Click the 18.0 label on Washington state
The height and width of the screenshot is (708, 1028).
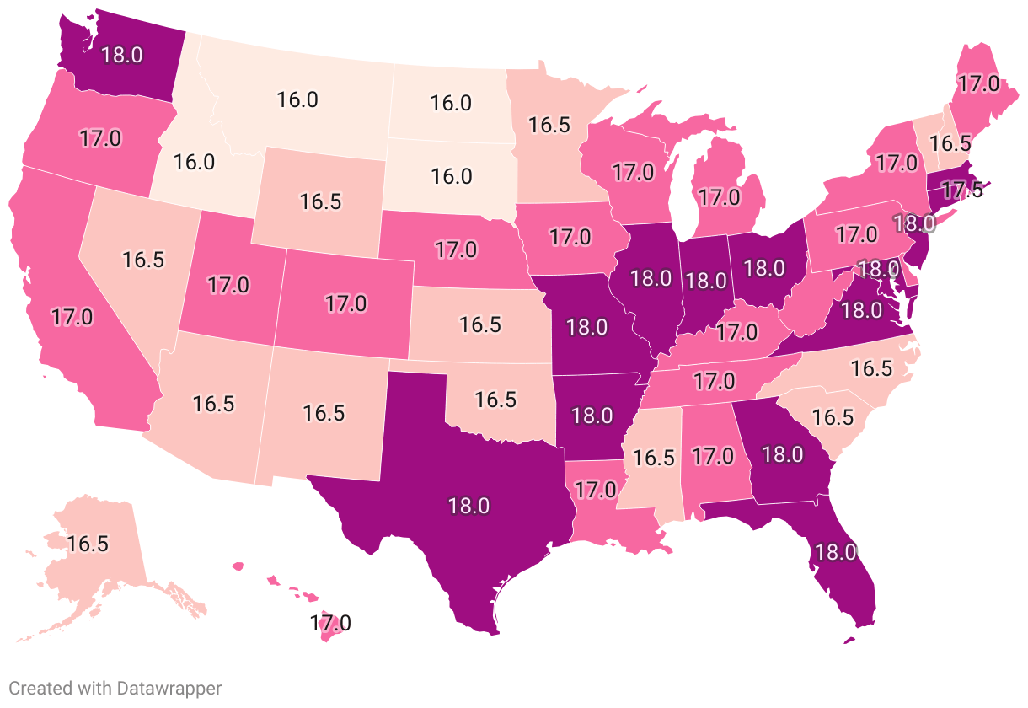click(122, 55)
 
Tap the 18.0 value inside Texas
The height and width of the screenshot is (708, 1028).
click(468, 507)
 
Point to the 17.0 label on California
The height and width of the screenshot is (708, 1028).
click(72, 318)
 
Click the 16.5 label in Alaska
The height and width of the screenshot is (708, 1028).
click(88, 544)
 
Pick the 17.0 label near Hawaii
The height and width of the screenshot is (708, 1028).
click(330, 625)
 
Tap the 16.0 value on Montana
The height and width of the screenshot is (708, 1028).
click(297, 99)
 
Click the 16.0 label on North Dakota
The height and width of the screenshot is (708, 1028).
click(451, 104)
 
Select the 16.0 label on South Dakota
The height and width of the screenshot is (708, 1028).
click(451, 177)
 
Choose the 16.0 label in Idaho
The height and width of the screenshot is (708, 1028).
click(195, 162)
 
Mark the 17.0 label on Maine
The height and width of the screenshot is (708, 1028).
click(977, 84)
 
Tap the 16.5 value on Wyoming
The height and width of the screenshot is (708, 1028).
click(320, 203)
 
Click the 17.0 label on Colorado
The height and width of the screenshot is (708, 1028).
click(345, 303)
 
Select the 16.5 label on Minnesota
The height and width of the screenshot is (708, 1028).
click(549, 126)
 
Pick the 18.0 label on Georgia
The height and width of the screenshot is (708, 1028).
click(782, 454)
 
